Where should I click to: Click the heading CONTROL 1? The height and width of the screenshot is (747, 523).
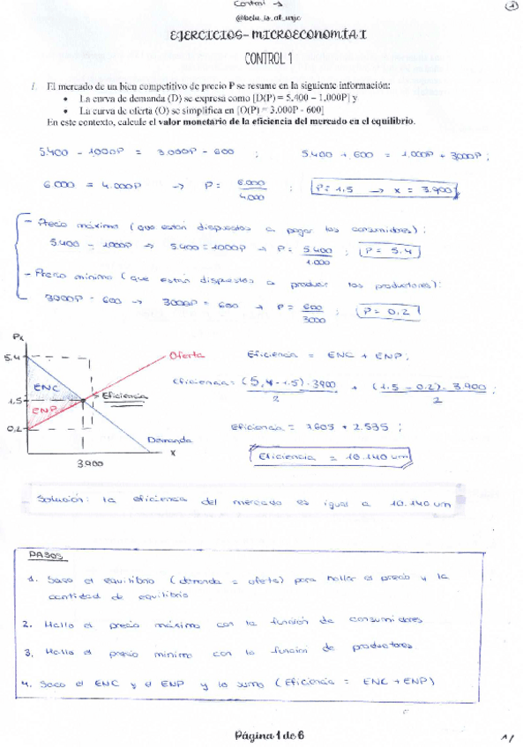[x=267, y=59]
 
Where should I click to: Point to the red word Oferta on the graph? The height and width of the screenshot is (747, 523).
[x=186, y=355]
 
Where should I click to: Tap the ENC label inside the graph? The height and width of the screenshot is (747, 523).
[x=44, y=387]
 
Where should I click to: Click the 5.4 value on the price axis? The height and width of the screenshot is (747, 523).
[x=10, y=357]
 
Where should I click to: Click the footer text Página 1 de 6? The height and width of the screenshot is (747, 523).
[x=269, y=734]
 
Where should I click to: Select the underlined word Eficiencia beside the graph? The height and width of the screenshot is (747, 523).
[x=125, y=396]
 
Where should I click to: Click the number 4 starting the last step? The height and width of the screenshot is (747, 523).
[x=29, y=681]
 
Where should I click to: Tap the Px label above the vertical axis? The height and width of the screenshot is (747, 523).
[x=19, y=337]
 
